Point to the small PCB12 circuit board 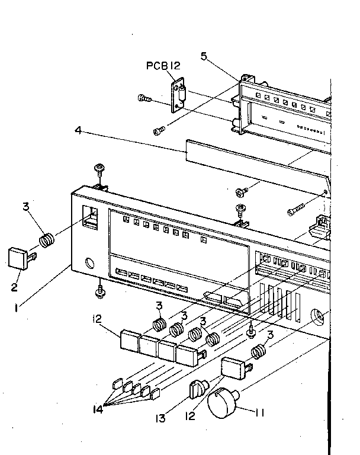point(178,95)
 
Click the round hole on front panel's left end point(91,263)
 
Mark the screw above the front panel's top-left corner point(100,169)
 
